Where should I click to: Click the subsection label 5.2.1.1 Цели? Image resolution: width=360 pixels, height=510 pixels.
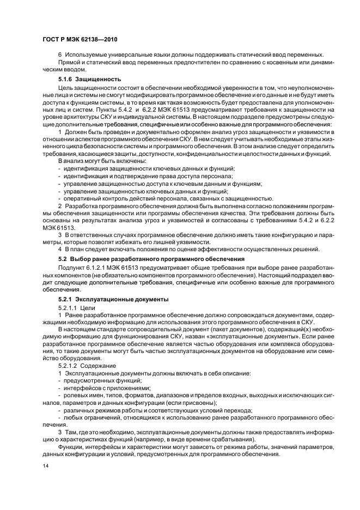coord(76,307)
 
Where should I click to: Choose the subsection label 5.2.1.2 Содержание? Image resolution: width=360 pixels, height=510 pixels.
coord(86,365)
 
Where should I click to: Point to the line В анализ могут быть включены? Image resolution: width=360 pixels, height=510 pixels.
coord(102,161)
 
